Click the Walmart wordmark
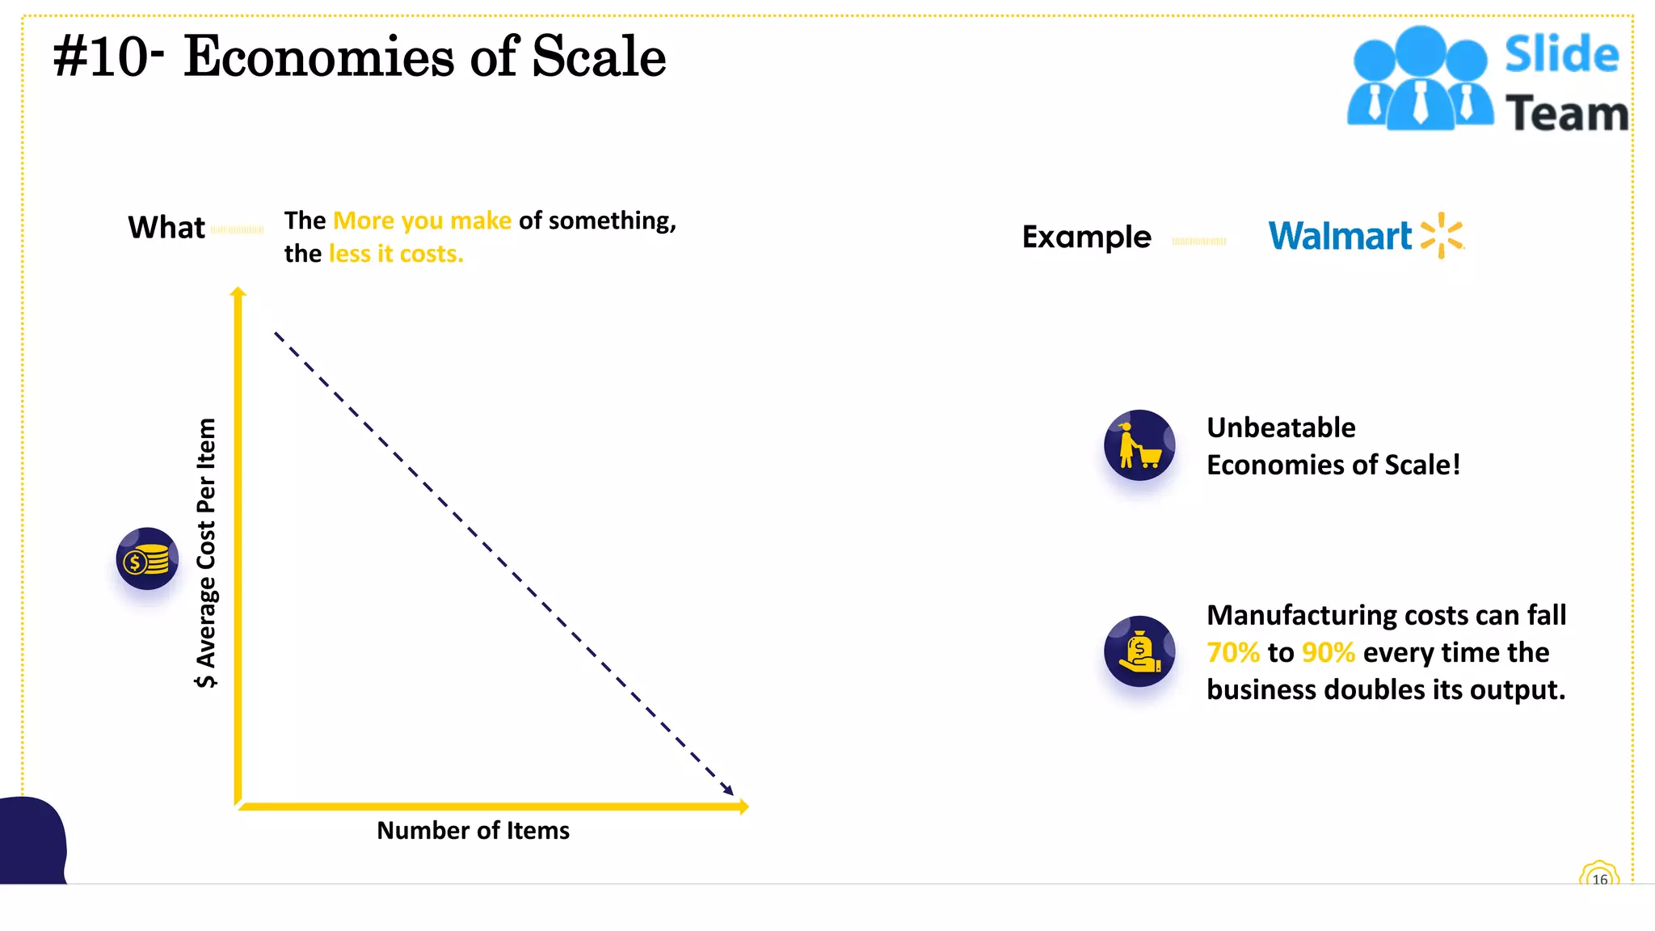click(x=1339, y=236)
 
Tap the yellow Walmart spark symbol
click(x=1442, y=236)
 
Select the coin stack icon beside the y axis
click(x=147, y=558)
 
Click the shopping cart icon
click(x=1139, y=445)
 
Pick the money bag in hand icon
click(x=1139, y=651)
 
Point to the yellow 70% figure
click(x=1232, y=652)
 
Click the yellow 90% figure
click(x=1328, y=652)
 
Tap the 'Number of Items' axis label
click(x=473, y=830)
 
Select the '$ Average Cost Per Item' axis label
click(x=206, y=553)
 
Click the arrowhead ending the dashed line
click(x=727, y=790)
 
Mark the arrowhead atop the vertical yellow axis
click(x=238, y=293)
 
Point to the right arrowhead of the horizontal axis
click(x=743, y=806)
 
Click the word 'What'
click(x=166, y=228)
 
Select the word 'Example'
click(x=1086, y=237)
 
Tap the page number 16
click(x=1599, y=879)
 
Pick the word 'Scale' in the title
click(x=599, y=57)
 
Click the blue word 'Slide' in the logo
click(x=1561, y=55)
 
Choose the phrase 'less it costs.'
click(x=396, y=254)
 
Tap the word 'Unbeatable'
click(x=1281, y=428)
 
